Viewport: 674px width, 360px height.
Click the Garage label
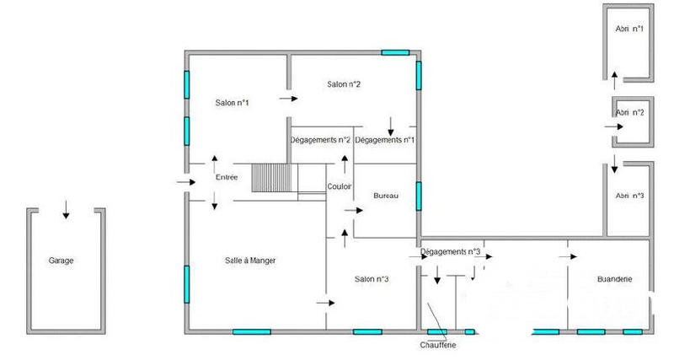62,261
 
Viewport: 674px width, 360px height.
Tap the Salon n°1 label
232,103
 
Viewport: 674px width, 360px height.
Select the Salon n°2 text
344,83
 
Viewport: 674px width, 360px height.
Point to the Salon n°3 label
372,279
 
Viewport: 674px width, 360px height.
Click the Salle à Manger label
250,261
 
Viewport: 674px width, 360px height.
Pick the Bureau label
385,196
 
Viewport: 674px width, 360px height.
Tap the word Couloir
340,186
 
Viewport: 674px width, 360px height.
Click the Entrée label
227,177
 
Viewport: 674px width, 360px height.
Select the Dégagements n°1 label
384,140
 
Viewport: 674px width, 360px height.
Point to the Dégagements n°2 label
320,140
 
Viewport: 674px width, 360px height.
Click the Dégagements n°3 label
450,251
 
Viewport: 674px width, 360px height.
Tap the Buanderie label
614,279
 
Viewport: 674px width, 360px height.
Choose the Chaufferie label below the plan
438,345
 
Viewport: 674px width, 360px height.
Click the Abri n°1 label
629,29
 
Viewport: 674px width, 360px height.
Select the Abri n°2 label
630,112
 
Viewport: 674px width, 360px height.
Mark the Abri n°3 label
630,196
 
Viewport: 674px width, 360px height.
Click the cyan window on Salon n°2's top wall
395,52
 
